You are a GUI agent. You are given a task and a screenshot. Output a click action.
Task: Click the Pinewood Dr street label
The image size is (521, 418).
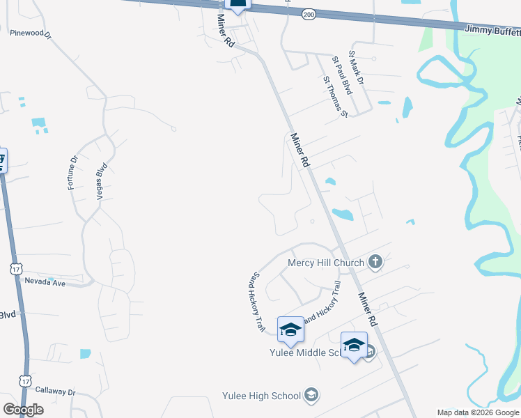point(31,33)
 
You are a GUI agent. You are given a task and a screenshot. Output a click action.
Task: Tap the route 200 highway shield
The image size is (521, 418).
point(307,14)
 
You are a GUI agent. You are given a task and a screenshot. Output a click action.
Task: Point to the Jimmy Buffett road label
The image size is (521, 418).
point(492,30)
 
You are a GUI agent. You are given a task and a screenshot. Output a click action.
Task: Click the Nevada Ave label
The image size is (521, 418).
point(46,284)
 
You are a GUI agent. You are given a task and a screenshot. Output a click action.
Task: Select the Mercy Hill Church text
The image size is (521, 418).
point(326,263)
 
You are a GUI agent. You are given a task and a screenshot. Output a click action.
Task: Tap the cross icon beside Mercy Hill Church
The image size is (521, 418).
point(375,262)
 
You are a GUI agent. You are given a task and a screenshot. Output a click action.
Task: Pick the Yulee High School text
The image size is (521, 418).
point(261,396)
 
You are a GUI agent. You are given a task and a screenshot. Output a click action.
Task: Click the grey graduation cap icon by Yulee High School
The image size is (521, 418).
point(311,396)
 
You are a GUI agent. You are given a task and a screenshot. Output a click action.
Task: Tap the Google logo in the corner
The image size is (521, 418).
point(23,410)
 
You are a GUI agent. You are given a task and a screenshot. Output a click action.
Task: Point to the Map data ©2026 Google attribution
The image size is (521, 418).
point(479,412)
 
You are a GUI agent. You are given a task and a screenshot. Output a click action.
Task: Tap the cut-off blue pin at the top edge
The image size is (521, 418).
point(238,6)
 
